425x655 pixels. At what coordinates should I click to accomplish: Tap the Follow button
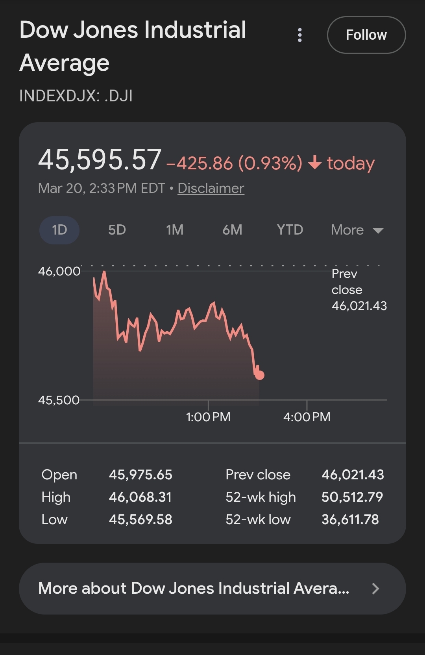click(366, 35)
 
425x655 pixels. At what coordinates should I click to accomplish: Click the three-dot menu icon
click(300, 35)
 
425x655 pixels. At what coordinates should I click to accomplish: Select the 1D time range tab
click(59, 230)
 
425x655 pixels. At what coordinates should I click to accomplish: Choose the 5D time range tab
click(117, 230)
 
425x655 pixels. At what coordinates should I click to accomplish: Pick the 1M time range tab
click(174, 230)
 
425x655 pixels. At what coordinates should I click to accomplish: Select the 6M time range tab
click(232, 230)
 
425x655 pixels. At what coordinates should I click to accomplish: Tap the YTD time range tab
click(290, 230)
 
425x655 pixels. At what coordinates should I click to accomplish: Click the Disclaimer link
click(211, 188)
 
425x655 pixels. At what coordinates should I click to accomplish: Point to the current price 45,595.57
click(100, 160)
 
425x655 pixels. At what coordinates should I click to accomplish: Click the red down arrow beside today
click(315, 162)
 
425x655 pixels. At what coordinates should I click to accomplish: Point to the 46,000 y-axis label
click(59, 271)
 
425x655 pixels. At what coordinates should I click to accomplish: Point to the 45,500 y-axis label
click(59, 400)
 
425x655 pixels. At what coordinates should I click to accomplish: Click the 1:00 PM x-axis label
click(208, 417)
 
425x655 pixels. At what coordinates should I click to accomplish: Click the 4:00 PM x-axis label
click(307, 417)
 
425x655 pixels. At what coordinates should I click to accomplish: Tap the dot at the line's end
click(260, 375)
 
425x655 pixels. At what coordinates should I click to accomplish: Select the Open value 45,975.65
click(140, 475)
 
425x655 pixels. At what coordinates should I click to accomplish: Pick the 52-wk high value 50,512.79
click(352, 497)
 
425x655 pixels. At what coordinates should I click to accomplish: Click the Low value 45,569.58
click(140, 519)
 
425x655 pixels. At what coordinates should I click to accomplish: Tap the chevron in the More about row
click(375, 588)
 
